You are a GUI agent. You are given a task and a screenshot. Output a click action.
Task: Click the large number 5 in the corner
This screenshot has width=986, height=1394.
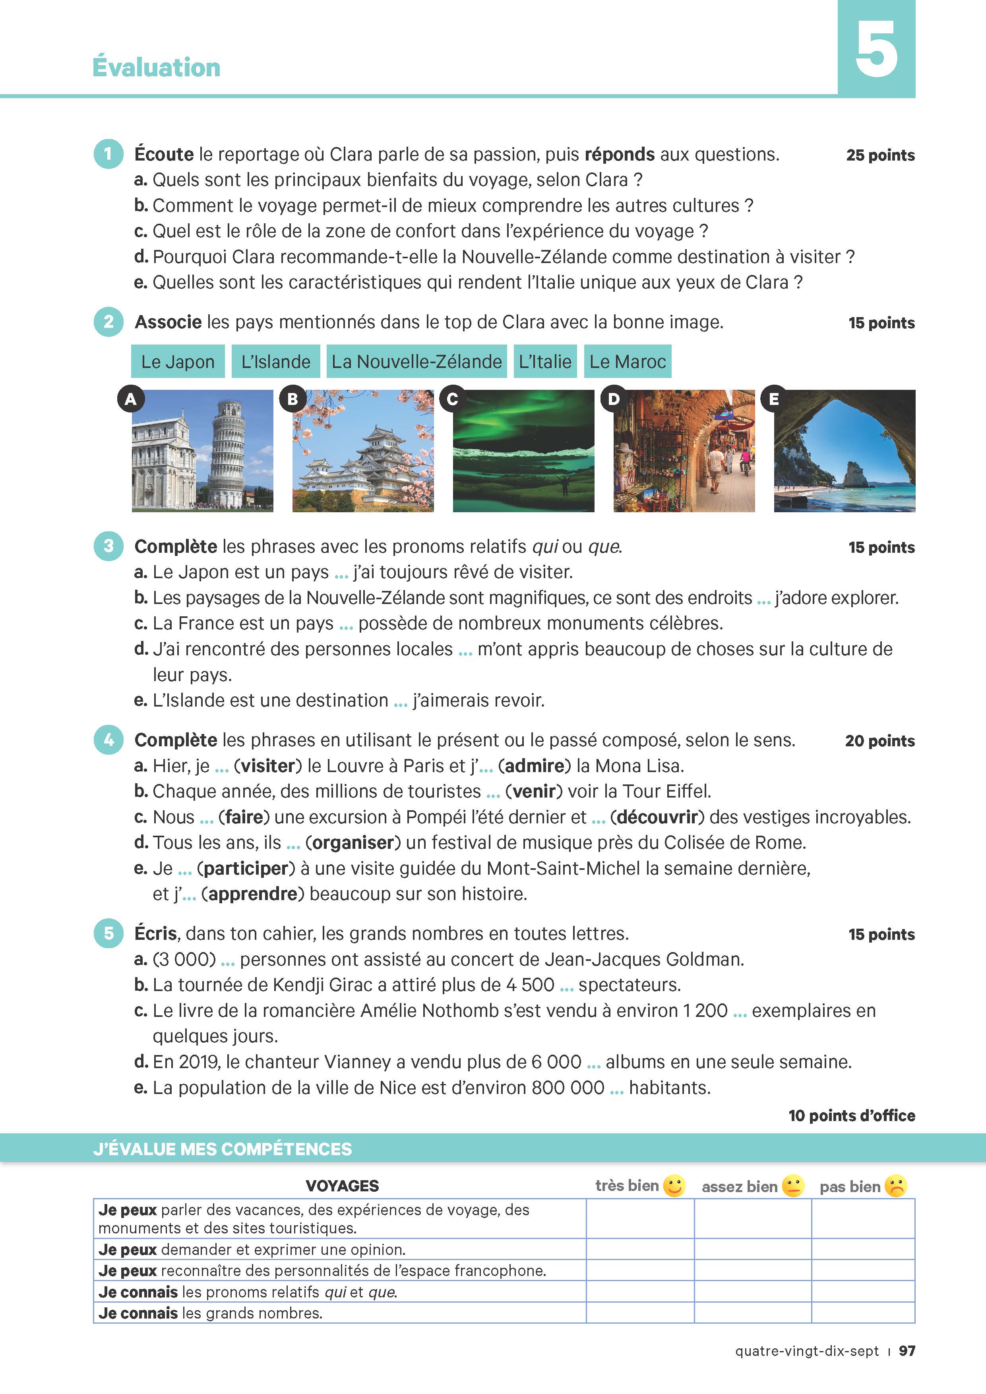[876, 48]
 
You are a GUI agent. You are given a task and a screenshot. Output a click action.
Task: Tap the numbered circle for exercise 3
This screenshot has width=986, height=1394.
[108, 546]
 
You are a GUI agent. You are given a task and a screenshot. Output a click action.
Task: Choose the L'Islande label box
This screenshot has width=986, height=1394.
[276, 361]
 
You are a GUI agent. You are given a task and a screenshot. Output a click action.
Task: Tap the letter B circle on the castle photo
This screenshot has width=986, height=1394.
[293, 399]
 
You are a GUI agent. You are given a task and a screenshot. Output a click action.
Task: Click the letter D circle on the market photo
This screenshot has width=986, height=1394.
[614, 399]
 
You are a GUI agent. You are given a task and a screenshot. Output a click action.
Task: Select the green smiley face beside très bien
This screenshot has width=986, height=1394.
[674, 1186]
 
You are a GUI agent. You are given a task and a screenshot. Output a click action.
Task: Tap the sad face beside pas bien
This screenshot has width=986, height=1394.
[895, 1186]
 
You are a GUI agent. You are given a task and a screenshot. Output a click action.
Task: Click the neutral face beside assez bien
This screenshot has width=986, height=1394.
[792, 1186]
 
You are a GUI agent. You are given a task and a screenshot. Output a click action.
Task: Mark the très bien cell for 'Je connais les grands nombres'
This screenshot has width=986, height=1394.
[640, 1313]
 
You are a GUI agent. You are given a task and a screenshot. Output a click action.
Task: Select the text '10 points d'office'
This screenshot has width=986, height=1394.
[851, 1115]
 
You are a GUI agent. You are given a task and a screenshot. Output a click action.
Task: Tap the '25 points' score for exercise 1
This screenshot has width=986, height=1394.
[880, 155]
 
